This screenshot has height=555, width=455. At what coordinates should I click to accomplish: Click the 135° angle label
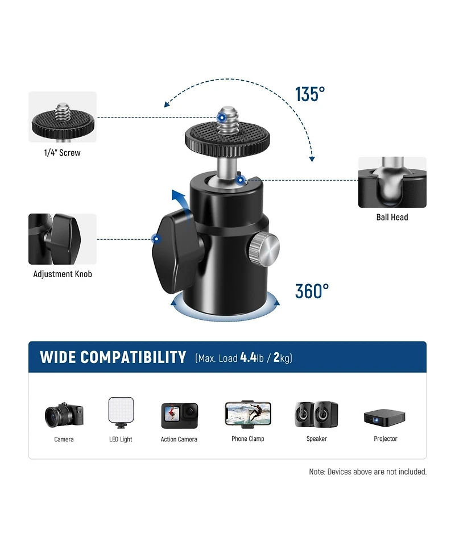pyautogui.click(x=310, y=94)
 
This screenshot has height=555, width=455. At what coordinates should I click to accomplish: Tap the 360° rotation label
pyautogui.click(x=312, y=291)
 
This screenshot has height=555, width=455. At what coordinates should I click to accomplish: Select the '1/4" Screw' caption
pyautogui.click(x=63, y=153)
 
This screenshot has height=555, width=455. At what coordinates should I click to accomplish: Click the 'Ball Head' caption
pyautogui.click(x=392, y=217)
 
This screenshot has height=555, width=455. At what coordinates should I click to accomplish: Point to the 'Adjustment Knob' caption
pyautogui.click(x=63, y=274)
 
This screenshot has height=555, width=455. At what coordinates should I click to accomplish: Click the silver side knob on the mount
pyautogui.click(x=264, y=249)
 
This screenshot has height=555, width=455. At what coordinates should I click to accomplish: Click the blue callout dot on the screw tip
pyautogui.click(x=222, y=118)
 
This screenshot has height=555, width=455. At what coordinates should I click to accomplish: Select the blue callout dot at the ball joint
pyautogui.click(x=240, y=180)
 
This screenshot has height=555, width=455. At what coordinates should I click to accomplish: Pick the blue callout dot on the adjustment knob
pyautogui.click(x=156, y=239)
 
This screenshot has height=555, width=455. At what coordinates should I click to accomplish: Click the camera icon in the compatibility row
pyautogui.click(x=64, y=415)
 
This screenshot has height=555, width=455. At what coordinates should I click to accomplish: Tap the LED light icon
pyautogui.click(x=121, y=412)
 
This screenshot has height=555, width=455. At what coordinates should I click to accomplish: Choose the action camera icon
pyautogui.click(x=179, y=416)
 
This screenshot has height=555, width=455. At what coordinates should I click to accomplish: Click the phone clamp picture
pyautogui.click(x=248, y=413)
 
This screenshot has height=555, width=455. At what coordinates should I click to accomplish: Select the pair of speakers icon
pyautogui.click(x=316, y=414)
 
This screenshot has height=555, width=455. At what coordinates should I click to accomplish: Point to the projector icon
pyautogui.click(x=385, y=418)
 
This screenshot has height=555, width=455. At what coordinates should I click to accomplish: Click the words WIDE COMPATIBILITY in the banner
pyautogui.click(x=113, y=357)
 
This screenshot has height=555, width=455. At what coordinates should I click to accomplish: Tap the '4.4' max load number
pyautogui.click(x=248, y=357)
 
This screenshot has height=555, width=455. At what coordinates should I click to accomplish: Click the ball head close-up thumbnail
pyautogui.click(x=392, y=182)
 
